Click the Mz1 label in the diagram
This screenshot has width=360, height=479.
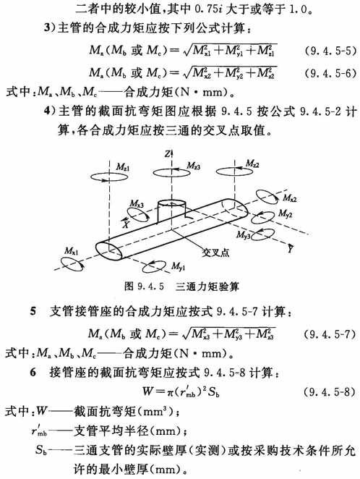123,167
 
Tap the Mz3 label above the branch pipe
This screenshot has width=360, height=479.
194,166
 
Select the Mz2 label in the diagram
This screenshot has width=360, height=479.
252,164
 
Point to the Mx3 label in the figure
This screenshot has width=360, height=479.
137,203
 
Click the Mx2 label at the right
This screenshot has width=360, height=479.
290,198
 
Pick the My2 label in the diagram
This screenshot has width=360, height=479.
286,214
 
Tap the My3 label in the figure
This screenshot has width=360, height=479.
244,235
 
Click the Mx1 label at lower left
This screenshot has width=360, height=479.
71,251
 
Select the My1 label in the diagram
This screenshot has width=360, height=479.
178,267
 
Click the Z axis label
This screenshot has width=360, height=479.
168,154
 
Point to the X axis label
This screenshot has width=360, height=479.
126,224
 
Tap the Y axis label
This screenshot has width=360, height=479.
290,249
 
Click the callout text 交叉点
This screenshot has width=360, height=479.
215,253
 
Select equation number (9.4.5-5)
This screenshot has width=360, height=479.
330,51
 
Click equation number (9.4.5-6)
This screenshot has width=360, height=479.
330,73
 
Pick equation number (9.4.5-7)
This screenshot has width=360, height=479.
330,334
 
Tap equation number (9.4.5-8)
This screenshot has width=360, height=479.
330,391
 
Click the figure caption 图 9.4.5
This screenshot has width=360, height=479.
144,287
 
